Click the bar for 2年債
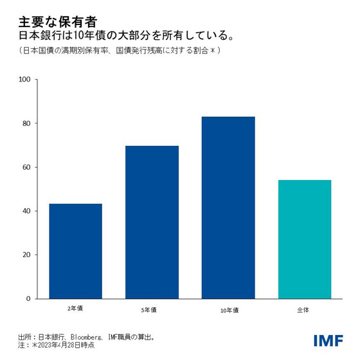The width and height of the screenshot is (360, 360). click(75, 251)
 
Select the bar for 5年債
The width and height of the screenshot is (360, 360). click(152, 222)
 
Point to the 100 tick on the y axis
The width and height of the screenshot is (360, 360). click(25, 80)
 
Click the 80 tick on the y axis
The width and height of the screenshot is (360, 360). click(26, 123)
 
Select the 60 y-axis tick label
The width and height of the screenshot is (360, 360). click(26, 167)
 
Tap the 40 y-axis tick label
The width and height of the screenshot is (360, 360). click(26, 211)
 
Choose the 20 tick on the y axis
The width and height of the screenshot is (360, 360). click(26, 255)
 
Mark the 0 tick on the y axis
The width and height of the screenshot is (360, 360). click(28, 298)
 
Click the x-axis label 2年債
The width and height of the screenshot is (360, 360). click(75, 309)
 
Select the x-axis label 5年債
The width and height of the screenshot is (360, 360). click(152, 309)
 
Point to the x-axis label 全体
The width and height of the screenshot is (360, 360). click(304, 309)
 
